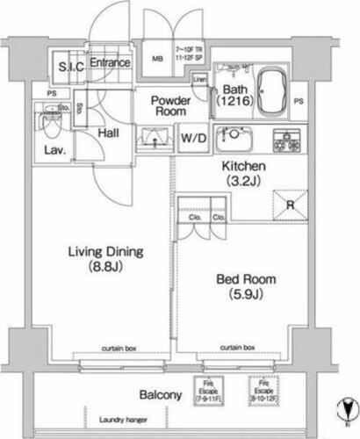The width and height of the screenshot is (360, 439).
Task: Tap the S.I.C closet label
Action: [x=70, y=67]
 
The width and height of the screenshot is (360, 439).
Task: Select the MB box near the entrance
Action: [x=158, y=60]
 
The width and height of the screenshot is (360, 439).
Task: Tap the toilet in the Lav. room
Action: [x=50, y=123]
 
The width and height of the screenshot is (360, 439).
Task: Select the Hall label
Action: [x=109, y=133]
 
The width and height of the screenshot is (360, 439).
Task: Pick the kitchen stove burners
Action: [x=285, y=139]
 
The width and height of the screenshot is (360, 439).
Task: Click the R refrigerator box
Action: [x=291, y=205]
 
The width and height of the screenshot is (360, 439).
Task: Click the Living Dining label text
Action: [x=106, y=259]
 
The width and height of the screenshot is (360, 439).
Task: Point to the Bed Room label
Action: [x=246, y=286]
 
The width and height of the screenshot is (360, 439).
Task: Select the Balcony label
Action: [x=159, y=396]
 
